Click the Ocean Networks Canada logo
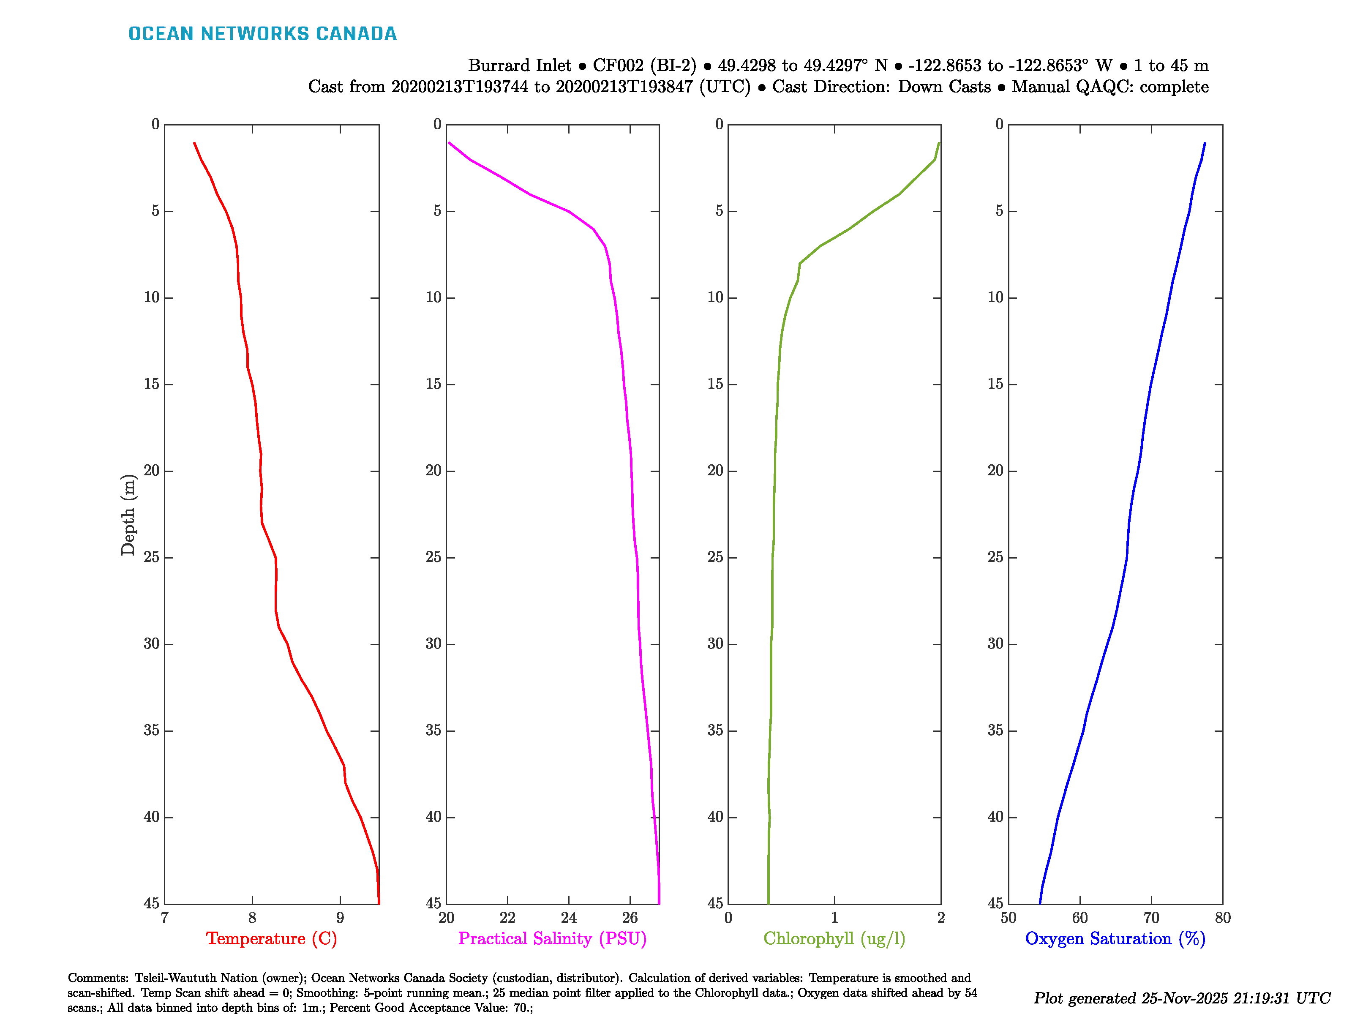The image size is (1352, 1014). pyautogui.click(x=262, y=34)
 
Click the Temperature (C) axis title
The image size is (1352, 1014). pyautogui.click(x=271, y=938)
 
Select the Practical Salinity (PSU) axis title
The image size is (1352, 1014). pyautogui.click(x=552, y=938)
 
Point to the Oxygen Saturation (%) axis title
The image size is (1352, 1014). pyautogui.click(x=1115, y=938)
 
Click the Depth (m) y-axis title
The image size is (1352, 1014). pyautogui.click(x=128, y=515)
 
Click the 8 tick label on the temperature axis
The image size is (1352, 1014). pyautogui.click(x=252, y=917)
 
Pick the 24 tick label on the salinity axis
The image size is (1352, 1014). pyautogui.click(x=568, y=917)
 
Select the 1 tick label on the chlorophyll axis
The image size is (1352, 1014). pyautogui.click(x=834, y=917)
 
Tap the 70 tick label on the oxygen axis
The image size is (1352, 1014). pyautogui.click(x=1151, y=917)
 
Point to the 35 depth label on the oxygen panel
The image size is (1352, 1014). pyautogui.click(x=995, y=731)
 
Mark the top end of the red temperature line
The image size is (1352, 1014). pyautogui.click(x=194, y=143)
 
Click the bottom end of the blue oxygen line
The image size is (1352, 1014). pyautogui.click(x=1040, y=903)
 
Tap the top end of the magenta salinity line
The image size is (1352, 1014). pyautogui.click(x=449, y=143)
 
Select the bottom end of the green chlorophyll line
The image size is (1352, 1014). pyautogui.click(x=768, y=903)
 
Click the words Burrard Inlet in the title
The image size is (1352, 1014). pyautogui.click(x=520, y=65)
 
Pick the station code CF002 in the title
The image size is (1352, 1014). pyautogui.click(x=618, y=65)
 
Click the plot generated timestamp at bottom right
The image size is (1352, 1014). pyautogui.click(x=1181, y=998)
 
